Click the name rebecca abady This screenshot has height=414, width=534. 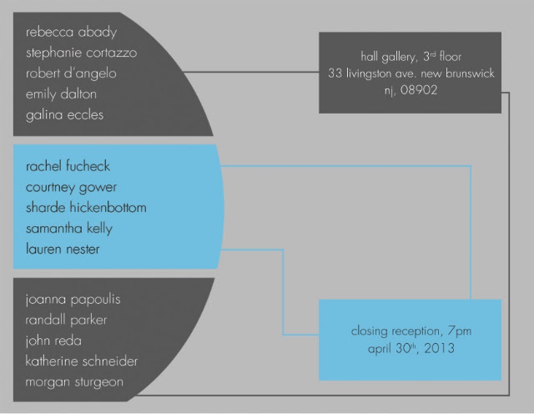[71, 33]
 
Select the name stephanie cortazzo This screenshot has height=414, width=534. [82, 53]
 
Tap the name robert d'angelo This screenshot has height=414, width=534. [71, 74]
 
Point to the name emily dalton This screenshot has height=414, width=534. [61, 94]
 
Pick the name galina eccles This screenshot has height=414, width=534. [65, 115]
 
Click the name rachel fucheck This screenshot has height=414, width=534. [68, 166]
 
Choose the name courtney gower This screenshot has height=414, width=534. [71, 188]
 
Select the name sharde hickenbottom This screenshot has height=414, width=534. [86, 208]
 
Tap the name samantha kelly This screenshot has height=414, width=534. [69, 229]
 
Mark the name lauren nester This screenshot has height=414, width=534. [63, 249]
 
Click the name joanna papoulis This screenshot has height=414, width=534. [73, 300]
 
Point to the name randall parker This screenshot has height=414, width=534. [66, 321]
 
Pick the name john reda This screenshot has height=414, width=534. [53, 341]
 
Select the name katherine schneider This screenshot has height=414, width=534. [82, 361]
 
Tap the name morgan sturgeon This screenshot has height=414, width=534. [74, 382]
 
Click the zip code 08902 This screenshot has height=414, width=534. [419, 90]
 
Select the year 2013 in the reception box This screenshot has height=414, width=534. [440, 348]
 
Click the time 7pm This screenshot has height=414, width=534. [460, 331]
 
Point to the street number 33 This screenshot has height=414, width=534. [335, 73]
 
